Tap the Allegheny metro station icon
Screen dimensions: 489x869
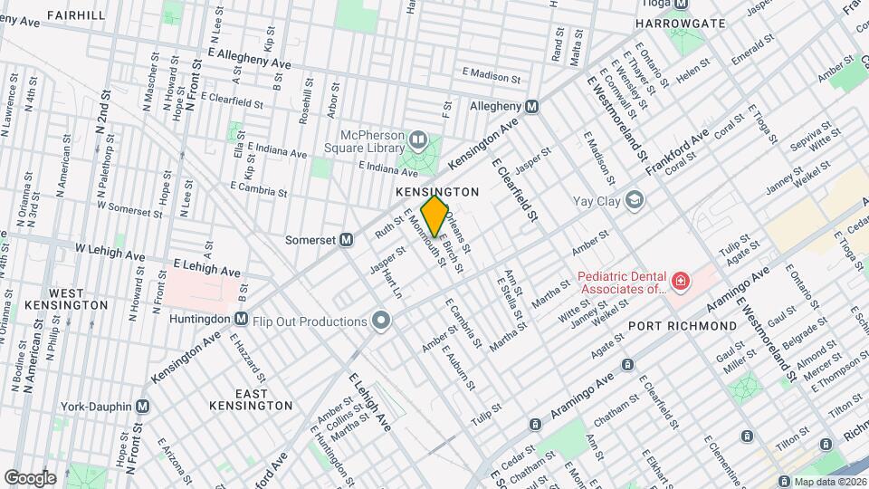532,106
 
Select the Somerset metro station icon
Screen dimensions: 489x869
345,240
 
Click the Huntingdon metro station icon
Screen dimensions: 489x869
241,318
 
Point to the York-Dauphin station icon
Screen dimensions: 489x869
142,407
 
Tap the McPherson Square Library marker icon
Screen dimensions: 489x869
417,139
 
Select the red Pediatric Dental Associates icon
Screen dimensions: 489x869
679,283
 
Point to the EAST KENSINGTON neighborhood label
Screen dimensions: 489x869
250,399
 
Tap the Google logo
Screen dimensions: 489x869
29,477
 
